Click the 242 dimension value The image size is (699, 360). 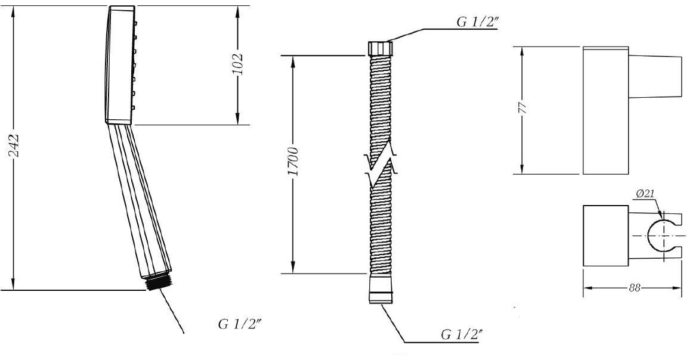14,145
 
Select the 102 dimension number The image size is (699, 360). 237,64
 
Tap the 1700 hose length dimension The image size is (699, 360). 293,161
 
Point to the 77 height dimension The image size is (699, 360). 524,108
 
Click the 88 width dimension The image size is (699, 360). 635,288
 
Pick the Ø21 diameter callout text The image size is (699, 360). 645,194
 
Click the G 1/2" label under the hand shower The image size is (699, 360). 239,324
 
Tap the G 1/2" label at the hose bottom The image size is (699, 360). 462,334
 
